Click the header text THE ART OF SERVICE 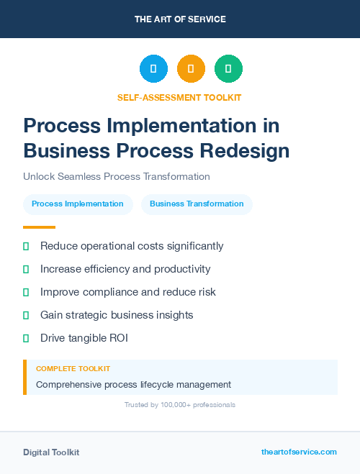tap(180, 19)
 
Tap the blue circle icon tap(153, 68)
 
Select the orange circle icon tap(191, 68)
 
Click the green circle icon tap(228, 68)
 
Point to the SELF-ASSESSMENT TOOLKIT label tap(179, 97)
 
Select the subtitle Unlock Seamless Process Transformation tap(116, 176)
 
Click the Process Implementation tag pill tap(78, 204)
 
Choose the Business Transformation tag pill tap(197, 204)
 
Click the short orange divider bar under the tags tap(39, 227)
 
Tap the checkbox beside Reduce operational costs tap(26, 246)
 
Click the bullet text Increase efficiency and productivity tap(125, 269)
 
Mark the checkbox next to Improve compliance tap(26, 292)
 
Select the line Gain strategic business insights tap(117, 315)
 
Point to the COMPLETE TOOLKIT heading tap(73, 368)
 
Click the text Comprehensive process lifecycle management tap(133, 384)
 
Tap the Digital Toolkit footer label tap(51, 452)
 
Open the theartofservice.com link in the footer tap(299, 452)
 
